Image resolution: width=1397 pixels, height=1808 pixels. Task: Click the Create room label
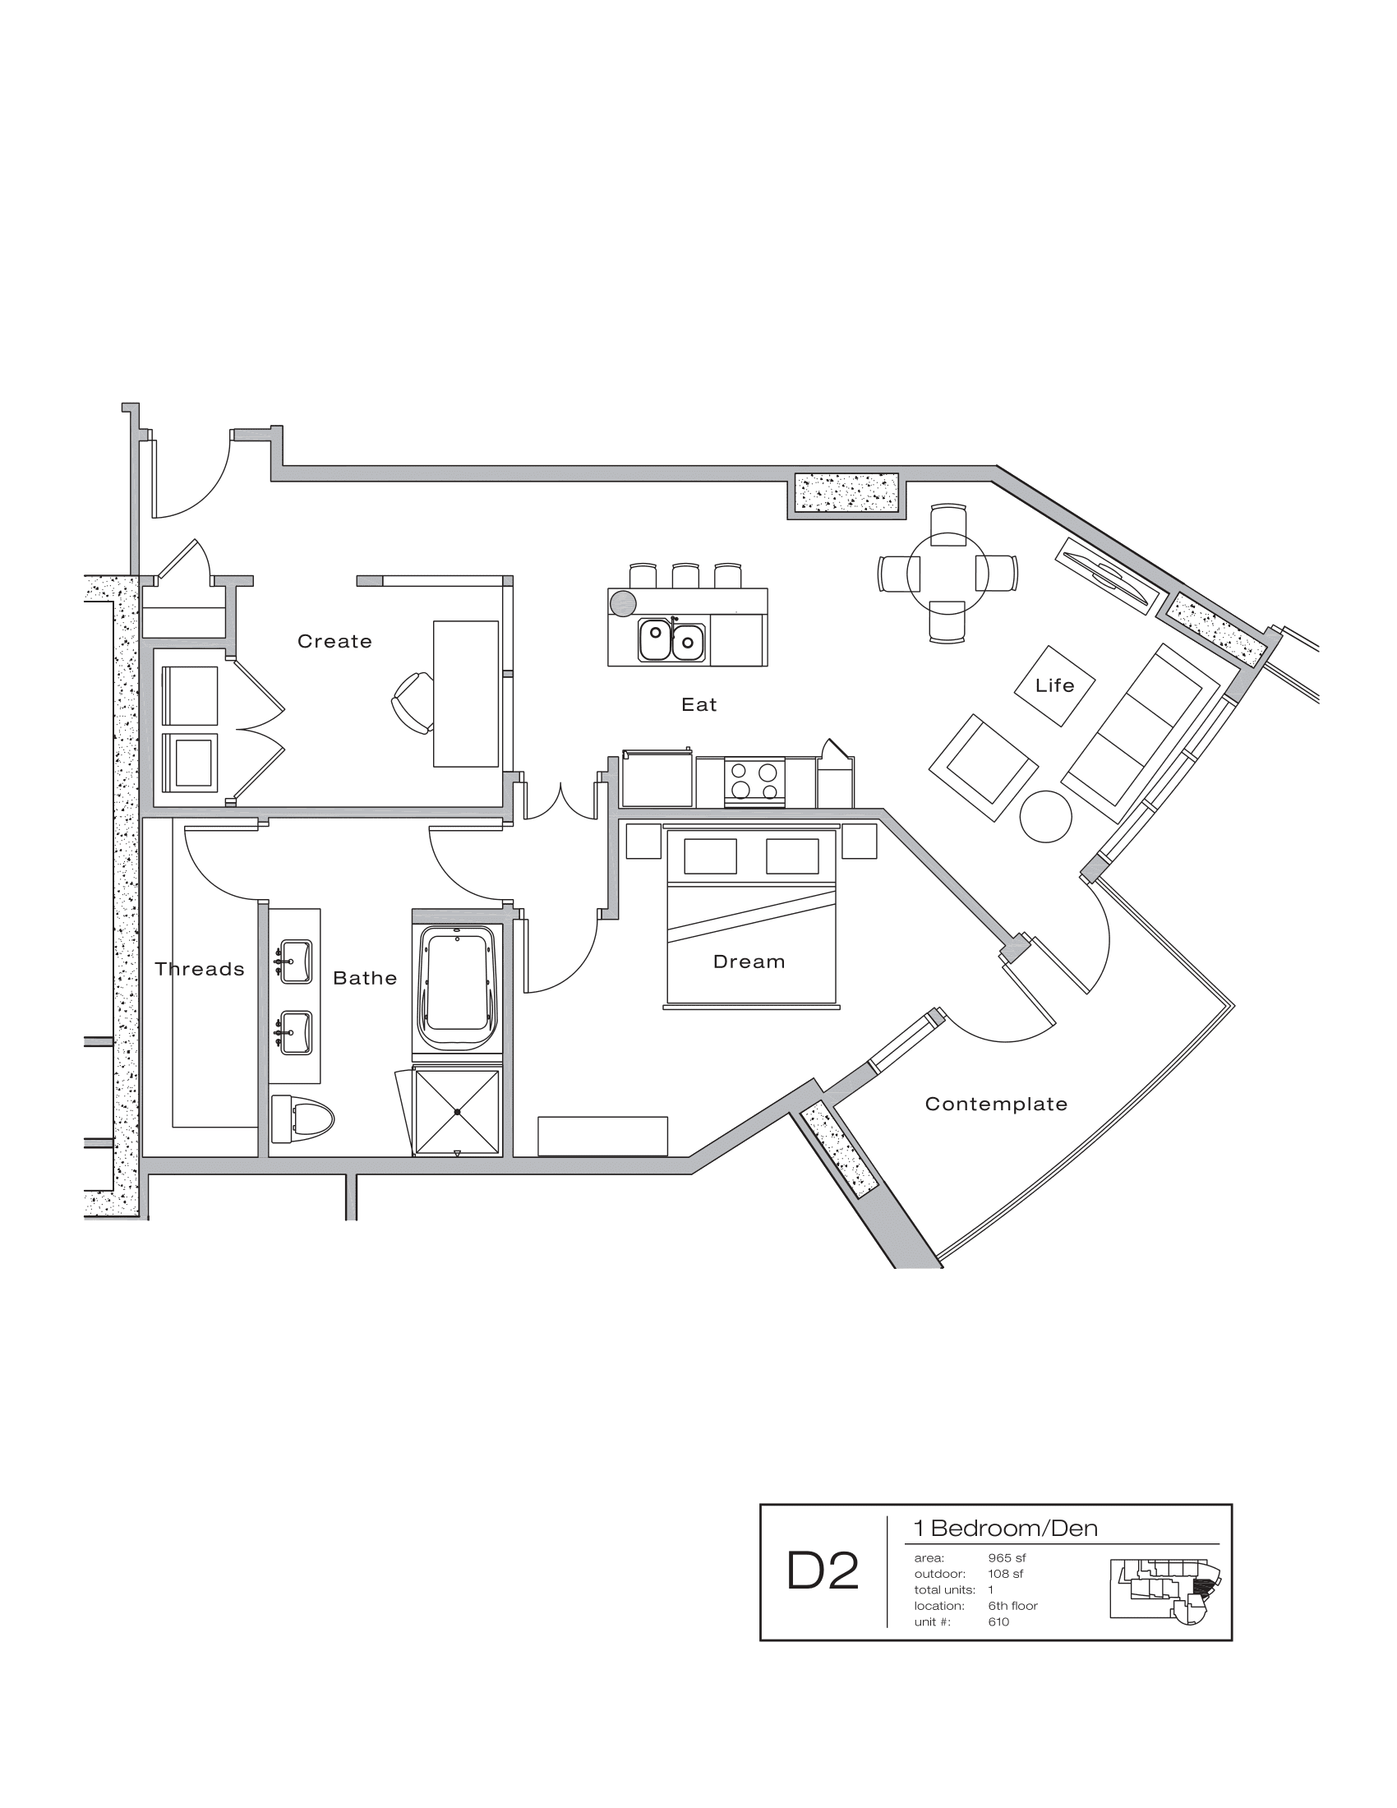pos(334,642)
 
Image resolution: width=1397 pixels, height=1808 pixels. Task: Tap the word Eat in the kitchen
pos(698,704)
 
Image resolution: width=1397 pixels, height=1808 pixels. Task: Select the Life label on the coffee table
pos(1054,685)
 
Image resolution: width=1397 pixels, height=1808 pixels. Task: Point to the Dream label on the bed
pos(748,962)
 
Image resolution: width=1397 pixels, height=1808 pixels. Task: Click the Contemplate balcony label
pos(996,1104)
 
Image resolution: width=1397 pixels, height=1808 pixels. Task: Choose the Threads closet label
pos(200,970)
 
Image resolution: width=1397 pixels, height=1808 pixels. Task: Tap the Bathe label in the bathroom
pos(365,979)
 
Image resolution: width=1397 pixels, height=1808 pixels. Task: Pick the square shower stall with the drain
pos(457,1112)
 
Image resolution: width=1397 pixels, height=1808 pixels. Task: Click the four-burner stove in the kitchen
pos(754,782)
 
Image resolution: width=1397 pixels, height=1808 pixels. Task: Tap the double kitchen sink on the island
pos(671,642)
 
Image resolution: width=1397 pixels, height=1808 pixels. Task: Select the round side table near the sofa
pos(1045,817)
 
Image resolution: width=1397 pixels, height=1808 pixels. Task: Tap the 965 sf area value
pos(1007,1558)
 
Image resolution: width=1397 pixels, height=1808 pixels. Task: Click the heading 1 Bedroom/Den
pos(1005,1529)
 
